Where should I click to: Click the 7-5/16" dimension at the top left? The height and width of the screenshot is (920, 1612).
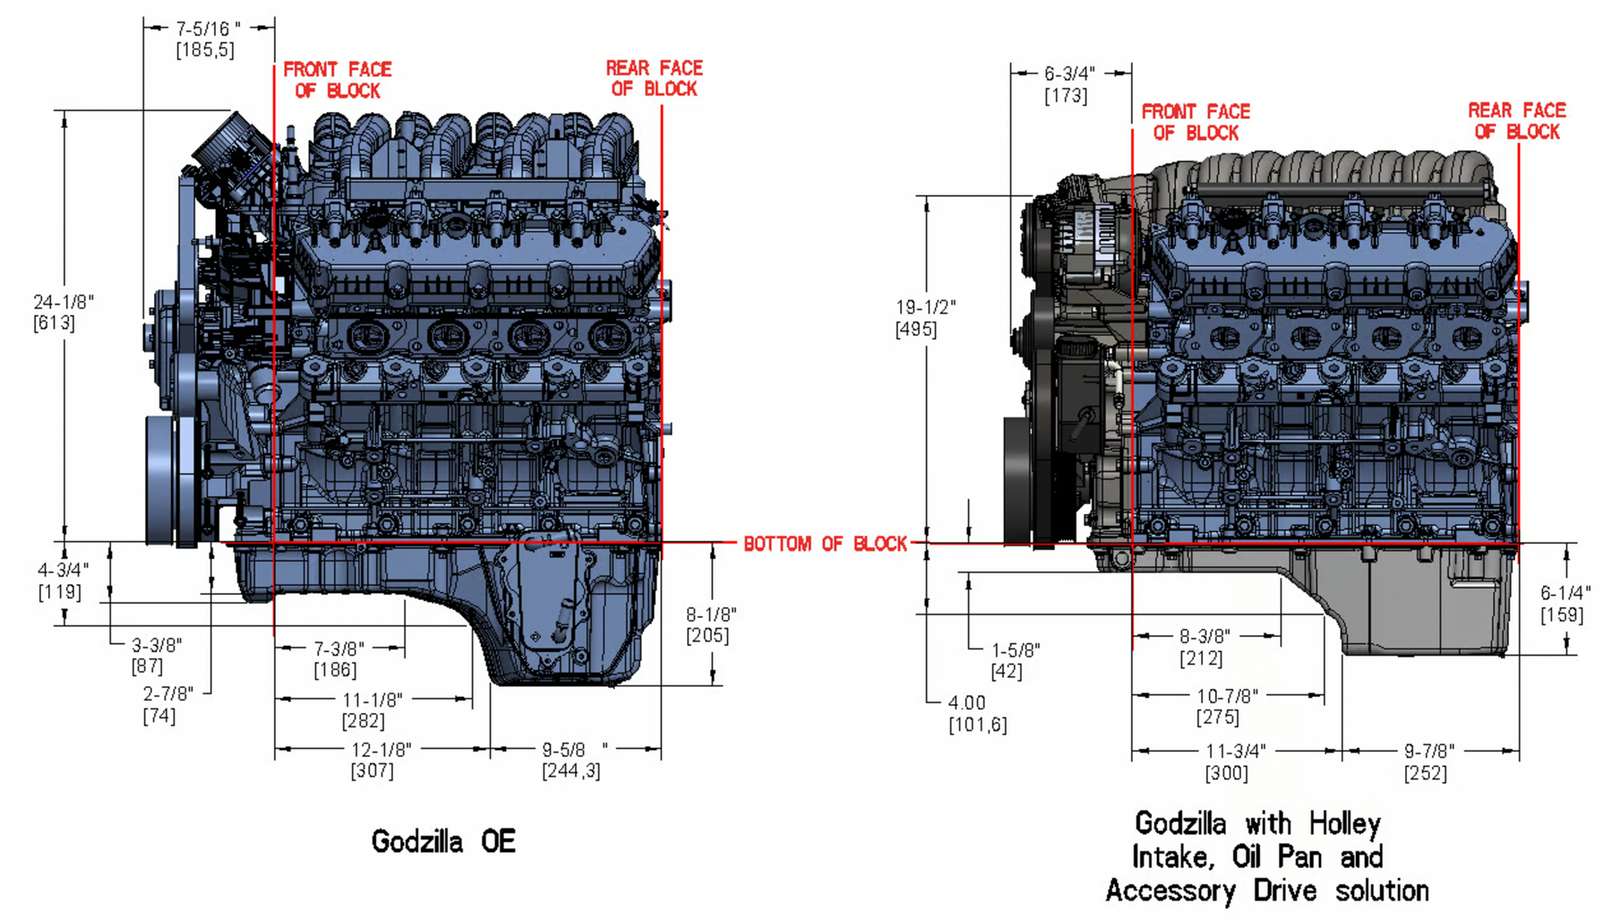coord(207,30)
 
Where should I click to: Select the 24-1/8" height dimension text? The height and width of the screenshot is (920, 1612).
coord(63,303)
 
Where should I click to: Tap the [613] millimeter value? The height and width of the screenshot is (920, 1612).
coord(54,323)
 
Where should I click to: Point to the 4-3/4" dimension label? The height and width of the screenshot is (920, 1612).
coord(63,570)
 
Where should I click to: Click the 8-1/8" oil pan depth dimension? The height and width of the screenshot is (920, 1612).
coord(711,615)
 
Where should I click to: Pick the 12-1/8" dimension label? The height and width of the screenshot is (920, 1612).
coord(381,749)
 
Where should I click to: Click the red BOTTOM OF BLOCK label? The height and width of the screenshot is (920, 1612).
coord(825,544)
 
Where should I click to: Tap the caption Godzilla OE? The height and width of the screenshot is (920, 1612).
coord(443,841)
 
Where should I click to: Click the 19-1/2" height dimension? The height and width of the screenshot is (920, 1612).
coord(925,307)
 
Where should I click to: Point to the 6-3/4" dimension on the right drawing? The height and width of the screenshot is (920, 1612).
coord(1069,73)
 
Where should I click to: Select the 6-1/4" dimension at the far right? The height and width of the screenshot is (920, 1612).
coord(1565,593)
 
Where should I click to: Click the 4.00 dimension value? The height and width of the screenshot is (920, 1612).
coord(966,703)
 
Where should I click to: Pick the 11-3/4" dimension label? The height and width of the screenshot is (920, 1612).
coord(1235,751)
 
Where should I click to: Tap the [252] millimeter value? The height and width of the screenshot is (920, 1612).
coord(1425,773)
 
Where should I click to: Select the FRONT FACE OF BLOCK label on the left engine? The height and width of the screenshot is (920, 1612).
coord(337,80)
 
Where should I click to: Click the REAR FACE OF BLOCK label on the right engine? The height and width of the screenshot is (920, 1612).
coord(1516,121)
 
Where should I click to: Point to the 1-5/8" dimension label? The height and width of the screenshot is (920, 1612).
coord(1016,650)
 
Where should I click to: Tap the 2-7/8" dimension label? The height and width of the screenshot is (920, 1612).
coord(167,694)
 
